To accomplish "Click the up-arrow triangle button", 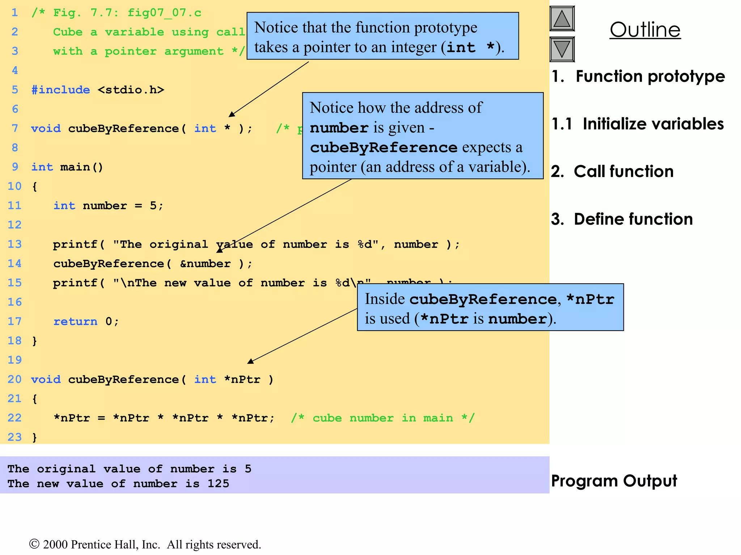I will (x=562, y=19).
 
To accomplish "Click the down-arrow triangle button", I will (x=562, y=49).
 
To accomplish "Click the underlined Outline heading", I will (x=645, y=30).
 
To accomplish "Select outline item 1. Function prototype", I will (x=638, y=77).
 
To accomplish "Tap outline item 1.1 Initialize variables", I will (x=638, y=124).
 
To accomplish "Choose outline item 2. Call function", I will (x=612, y=172).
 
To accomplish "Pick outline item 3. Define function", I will (x=622, y=219).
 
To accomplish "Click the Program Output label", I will (x=614, y=481).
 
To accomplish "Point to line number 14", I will (x=14, y=263).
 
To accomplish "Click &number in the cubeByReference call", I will (x=205, y=264).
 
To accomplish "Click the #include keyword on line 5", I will (x=60, y=90).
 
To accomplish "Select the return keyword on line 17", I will (x=75, y=321).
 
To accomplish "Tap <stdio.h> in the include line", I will (x=131, y=90).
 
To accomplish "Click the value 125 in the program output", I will (x=218, y=483).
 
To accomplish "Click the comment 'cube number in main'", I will (x=382, y=418).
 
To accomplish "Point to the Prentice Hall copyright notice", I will (x=145, y=544).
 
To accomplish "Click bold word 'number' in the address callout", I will (x=339, y=128).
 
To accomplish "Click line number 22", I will (x=14, y=418).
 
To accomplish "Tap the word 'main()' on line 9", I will (x=81, y=167).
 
